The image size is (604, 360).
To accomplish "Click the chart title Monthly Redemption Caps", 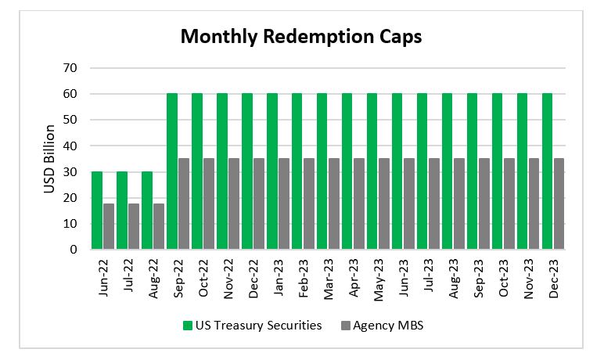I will click(x=301, y=37).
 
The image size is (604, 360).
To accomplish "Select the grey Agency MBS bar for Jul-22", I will click(x=134, y=227).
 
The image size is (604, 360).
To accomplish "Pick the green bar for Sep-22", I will click(x=172, y=172).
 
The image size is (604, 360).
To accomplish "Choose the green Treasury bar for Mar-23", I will click(x=322, y=172).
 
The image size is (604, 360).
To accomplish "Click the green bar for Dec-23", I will click(x=548, y=172).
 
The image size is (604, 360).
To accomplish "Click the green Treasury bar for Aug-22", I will click(x=147, y=211).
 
